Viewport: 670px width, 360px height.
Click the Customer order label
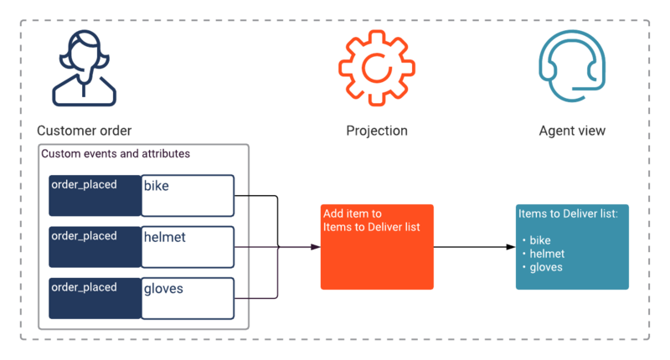click(x=85, y=131)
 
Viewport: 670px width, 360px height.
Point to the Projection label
click(x=376, y=131)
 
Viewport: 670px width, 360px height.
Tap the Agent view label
click(x=572, y=131)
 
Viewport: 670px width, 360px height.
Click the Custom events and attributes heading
click(x=116, y=154)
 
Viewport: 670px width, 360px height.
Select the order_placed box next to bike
click(x=95, y=196)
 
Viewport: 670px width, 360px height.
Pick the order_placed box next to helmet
click(x=95, y=247)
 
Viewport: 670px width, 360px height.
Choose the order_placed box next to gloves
click(x=95, y=298)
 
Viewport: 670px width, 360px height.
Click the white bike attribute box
click(x=188, y=196)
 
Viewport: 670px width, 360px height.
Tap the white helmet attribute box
click(x=188, y=247)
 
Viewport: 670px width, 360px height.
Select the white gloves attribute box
click(x=188, y=298)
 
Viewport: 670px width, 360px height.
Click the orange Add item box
click(x=377, y=247)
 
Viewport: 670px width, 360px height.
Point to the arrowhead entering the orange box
click(x=316, y=247)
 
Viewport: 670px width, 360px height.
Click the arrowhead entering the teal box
click(x=511, y=247)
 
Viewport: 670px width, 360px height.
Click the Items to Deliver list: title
click(x=568, y=213)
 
